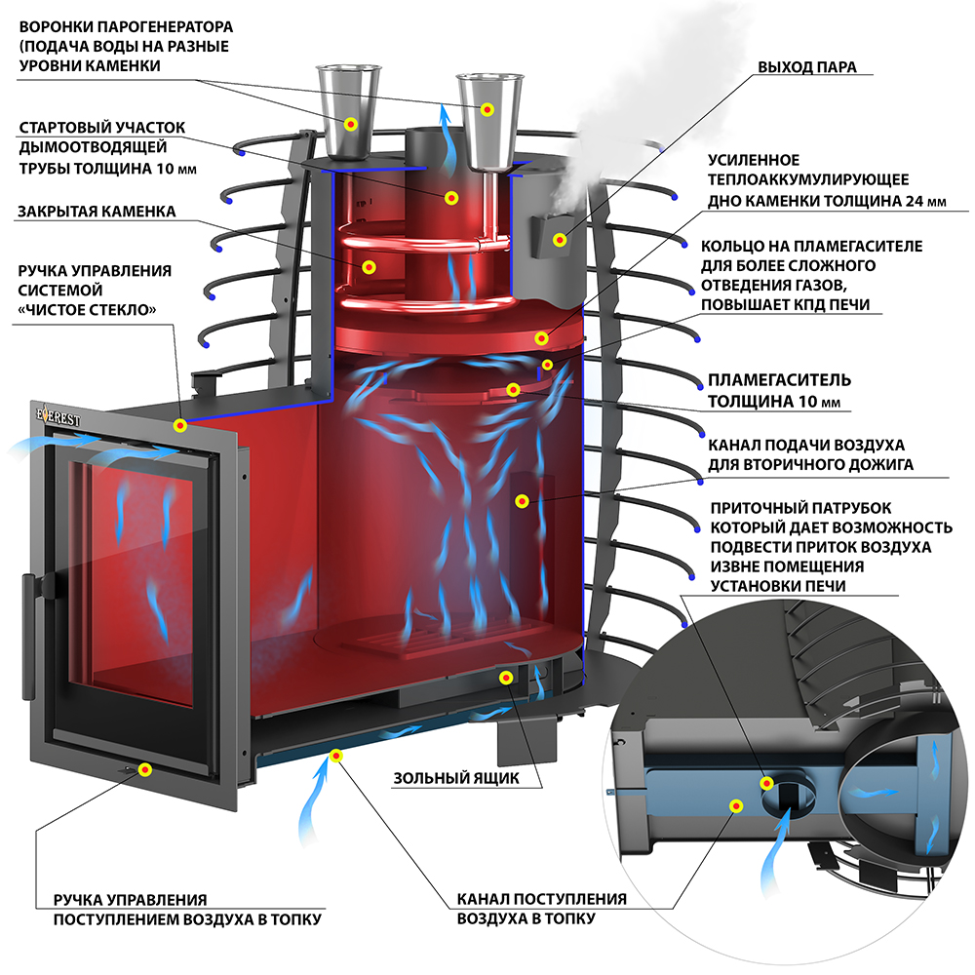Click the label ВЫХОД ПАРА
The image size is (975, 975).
click(x=807, y=68)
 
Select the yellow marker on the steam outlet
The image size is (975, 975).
click(x=560, y=240)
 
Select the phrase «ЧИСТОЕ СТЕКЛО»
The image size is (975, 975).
click(x=90, y=309)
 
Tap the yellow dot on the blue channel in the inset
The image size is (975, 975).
click(x=736, y=806)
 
